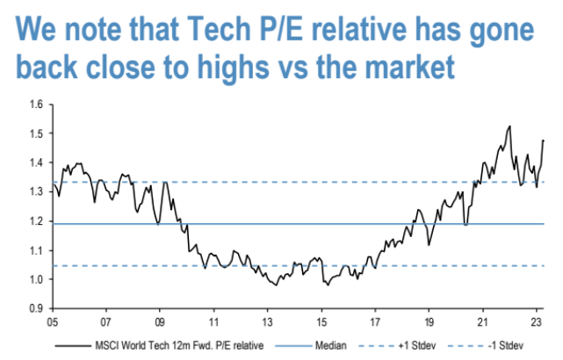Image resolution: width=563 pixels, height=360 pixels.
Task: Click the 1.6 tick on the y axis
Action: (36, 104)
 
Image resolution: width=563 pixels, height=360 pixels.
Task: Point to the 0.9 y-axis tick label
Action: (36, 309)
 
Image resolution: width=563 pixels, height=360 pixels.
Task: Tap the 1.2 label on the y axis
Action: (36, 221)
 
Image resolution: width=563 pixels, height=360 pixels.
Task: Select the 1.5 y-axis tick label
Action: (36, 133)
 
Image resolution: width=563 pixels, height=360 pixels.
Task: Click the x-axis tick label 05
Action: (53, 322)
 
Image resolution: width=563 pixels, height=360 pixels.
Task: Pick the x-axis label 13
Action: (268, 322)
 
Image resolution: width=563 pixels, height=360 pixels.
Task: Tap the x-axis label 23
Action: (537, 322)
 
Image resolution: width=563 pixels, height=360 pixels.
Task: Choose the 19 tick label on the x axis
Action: (429, 322)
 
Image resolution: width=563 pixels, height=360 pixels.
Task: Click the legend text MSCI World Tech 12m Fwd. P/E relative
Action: (179, 346)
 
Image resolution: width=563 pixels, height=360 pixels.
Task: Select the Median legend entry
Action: (331, 346)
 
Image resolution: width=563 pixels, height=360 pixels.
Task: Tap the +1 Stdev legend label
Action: (417, 346)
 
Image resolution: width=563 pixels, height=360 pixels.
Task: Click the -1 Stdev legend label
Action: (506, 346)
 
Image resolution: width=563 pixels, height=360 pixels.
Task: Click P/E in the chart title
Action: (281, 29)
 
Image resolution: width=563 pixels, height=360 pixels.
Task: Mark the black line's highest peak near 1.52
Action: (509, 126)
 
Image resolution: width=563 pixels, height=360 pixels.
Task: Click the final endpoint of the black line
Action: (544, 140)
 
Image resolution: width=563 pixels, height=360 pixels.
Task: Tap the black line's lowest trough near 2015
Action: (328, 285)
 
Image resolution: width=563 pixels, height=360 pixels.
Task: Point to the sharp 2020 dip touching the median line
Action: (466, 225)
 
